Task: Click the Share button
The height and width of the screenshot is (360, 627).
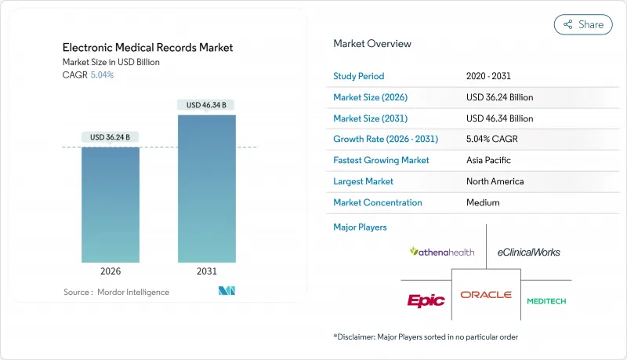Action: (x=583, y=24)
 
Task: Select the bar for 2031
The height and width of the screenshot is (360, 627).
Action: (x=207, y=188)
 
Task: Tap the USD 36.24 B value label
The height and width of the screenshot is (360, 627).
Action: (x=111, y=137)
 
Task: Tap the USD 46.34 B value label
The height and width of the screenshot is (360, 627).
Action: (x=207, y=104)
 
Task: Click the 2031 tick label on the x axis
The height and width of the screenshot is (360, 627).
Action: (x=207, y=271)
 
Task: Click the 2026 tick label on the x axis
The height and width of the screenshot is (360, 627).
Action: (x=111, y=271)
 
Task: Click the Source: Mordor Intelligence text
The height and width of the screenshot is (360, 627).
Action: (x=116, y=292)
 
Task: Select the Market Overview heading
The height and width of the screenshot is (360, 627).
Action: (x=372, y=43)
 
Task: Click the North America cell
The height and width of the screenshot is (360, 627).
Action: (x=496, y=181)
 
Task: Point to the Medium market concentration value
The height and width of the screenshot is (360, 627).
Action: (x=483, y=202)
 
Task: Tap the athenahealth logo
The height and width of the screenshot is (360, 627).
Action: (x=442, y=252)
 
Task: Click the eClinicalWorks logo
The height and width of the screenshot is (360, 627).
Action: (x=529, y=252)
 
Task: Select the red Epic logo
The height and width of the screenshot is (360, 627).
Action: (x=426, y=300)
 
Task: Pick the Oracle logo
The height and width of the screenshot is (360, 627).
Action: (x=486, y=295)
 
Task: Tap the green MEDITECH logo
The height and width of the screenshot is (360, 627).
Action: (x=546, y=300)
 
